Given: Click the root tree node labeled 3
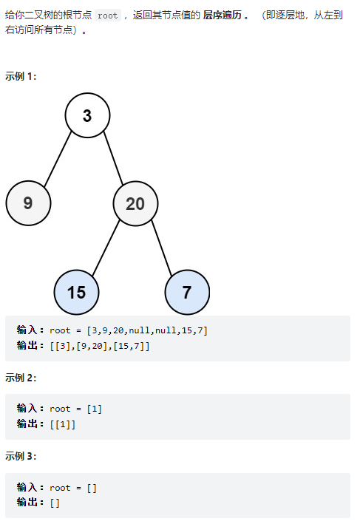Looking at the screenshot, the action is [87, 115].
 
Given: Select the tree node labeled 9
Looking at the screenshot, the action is [28, 203].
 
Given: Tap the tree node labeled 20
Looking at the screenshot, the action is [135, 203].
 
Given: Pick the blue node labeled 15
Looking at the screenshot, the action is [77, 292].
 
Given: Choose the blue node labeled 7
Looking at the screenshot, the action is [187, 292].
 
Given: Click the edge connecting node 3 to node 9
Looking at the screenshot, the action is [58, 159].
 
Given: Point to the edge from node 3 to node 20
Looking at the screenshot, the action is [113, 158].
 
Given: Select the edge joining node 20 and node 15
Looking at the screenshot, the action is [106, 248].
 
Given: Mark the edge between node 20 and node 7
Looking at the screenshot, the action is [162, 248].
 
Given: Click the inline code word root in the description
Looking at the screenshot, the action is [108, 16].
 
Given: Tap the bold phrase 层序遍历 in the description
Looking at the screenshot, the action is [223, 15].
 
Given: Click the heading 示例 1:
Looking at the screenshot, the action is [21, 76].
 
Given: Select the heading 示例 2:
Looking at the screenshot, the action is [21, 378].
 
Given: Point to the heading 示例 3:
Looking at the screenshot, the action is [21, 456].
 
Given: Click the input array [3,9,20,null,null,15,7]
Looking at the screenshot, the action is [147, 330].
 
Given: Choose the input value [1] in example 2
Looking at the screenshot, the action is [95, 409].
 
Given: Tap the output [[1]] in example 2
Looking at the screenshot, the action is [63, 424].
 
